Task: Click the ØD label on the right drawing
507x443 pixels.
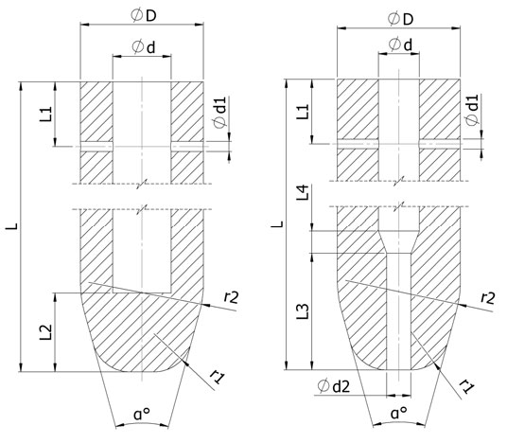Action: tap(398, 17)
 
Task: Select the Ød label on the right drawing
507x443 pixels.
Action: tap(398, 44)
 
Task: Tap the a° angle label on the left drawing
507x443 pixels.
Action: tap(141, 414)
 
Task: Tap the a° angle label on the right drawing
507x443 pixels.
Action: tap(398, 414)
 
